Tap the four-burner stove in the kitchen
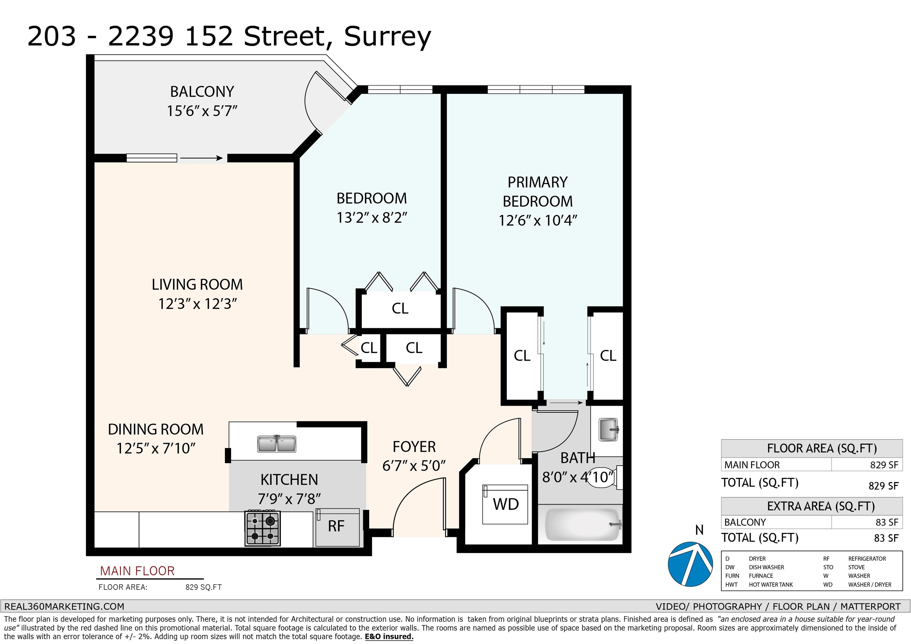[263, 528]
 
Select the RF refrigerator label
[336, 526]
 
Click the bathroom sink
[608, 429]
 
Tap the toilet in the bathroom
[604, 478]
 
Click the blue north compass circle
[691, 564]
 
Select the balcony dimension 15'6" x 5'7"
[202, 111]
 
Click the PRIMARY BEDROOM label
[538, 192]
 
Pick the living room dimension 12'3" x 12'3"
[197, 304]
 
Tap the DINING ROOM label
[155, 429]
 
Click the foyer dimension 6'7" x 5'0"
[414, 466]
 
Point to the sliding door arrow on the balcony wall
[202, 158]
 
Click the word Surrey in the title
[387, 36]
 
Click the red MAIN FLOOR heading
[137, 571]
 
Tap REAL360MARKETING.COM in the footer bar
[64, 607]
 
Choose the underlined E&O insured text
[389, 637]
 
